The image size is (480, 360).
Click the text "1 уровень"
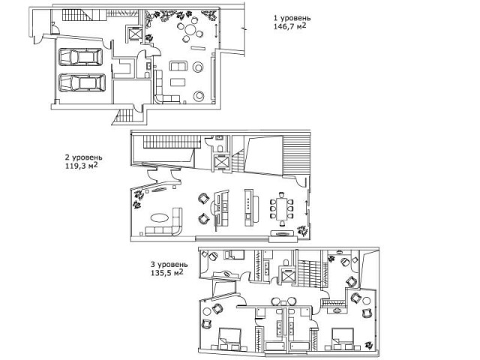tap(292, 18)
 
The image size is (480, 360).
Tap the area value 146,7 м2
tap(289, 26)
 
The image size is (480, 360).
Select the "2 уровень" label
tap(83, 157)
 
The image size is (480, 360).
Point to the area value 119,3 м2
tap(82, 166)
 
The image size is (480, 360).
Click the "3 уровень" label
tap(169, 264)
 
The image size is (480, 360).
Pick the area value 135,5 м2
tap(167, 272)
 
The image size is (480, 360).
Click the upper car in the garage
tap(80, 57)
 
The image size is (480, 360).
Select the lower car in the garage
tap(82, 82)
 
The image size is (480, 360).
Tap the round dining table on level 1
tap(190, 30)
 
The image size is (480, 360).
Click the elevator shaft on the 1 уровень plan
tap(133, 34)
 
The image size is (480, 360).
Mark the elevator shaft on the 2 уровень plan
tap(220, 162)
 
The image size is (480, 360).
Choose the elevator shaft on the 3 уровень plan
tap(288, 277)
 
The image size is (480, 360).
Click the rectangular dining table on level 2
tap(282, 208)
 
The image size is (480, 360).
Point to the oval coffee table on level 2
tap(159, 217)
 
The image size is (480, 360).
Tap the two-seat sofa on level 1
tap(178, 66)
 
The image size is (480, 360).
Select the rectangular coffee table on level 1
tap(178, 82)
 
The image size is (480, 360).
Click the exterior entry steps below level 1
tap(124, 117)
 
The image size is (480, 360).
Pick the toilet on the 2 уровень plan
tap(219, 148)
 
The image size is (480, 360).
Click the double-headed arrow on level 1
tap(217, 30)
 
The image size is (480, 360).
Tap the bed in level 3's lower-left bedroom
tap(230, 336)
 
